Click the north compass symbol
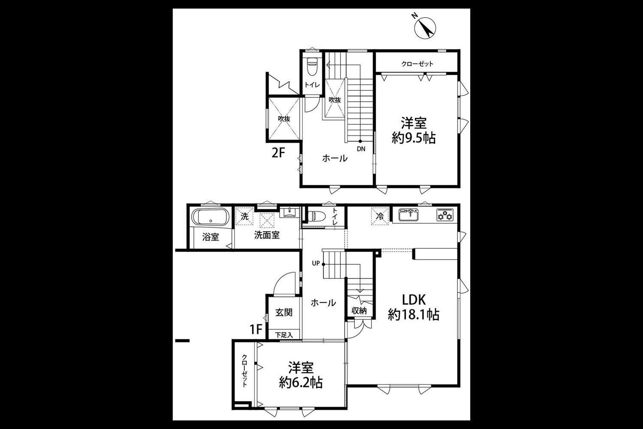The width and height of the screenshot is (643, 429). [x=425, y=28]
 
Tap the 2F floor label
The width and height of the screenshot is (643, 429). [x=278, y=153]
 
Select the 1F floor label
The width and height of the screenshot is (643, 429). [x=256, y=329]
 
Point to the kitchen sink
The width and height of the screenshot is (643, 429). [x=409, y=214]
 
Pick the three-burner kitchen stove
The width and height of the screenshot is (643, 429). [x=445, y=215]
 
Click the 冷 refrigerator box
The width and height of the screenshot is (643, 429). [x=380, y=216]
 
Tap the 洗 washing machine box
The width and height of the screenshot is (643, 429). [x=245, y=216]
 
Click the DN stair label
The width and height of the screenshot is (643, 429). [x=361, y=149]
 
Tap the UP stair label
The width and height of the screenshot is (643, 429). [x=316, y=263]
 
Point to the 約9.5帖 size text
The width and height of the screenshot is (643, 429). [x=414, y=138]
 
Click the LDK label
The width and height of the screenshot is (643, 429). [x=413, y=300]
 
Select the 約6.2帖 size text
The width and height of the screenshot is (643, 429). [x=300, y=382]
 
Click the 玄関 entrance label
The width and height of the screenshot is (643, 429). [x=284, y=313]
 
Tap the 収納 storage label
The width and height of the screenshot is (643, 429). [x=359, y=310]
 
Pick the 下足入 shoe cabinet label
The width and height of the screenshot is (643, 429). [x=284, y=335]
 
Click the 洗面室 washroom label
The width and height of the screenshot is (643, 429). [x=267, y=236]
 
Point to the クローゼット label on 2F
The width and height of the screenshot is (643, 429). [x=417, y=64]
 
